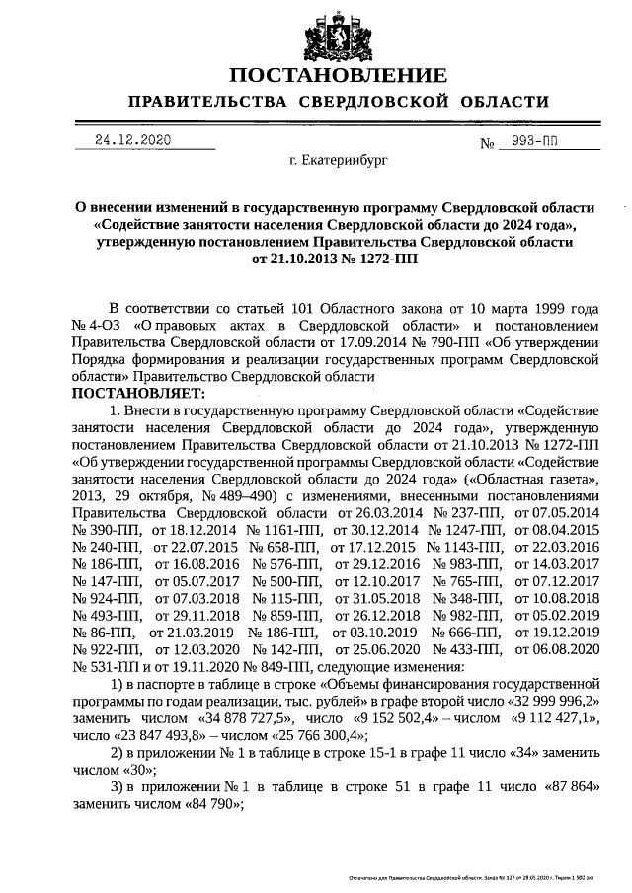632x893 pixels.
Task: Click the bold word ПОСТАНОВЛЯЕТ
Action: pyautogui.click(x=135, y=392)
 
